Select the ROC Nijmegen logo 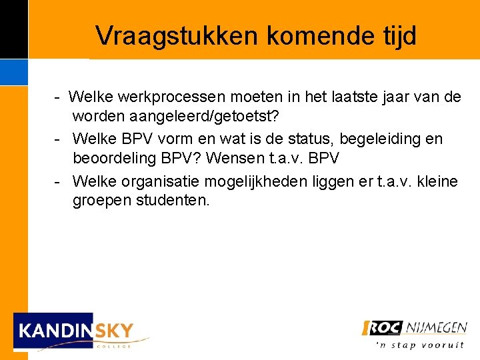point(414,328)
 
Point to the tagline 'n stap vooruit point(420,345)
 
